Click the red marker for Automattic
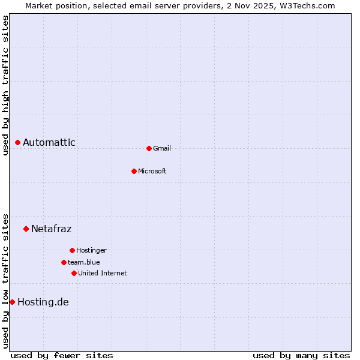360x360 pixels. tap(18, 142)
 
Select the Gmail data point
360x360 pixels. tap(149, 148)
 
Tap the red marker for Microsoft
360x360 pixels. tap(134, 171)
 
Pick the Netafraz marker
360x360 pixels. tap(26, 229)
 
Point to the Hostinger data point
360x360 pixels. tap(72, 250)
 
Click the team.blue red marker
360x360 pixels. tap(64, 262)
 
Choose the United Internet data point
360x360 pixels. tap(74, 273)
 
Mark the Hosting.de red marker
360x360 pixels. tap(12, 302)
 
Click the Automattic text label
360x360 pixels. tap(49, 142)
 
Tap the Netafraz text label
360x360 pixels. tap(51, 229)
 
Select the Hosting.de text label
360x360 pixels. tap(43, 302)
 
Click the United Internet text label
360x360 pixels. tap(102, 273)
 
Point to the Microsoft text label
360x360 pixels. tap(152, 171)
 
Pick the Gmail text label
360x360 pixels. tap(161, 148)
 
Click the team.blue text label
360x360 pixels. tap(83, 262)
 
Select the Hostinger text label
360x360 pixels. tap(91, 250)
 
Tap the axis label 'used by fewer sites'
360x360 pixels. tap(62, 355)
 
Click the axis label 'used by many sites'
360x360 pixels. tap(301, 355)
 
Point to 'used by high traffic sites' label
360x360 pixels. tap(5, 85)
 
